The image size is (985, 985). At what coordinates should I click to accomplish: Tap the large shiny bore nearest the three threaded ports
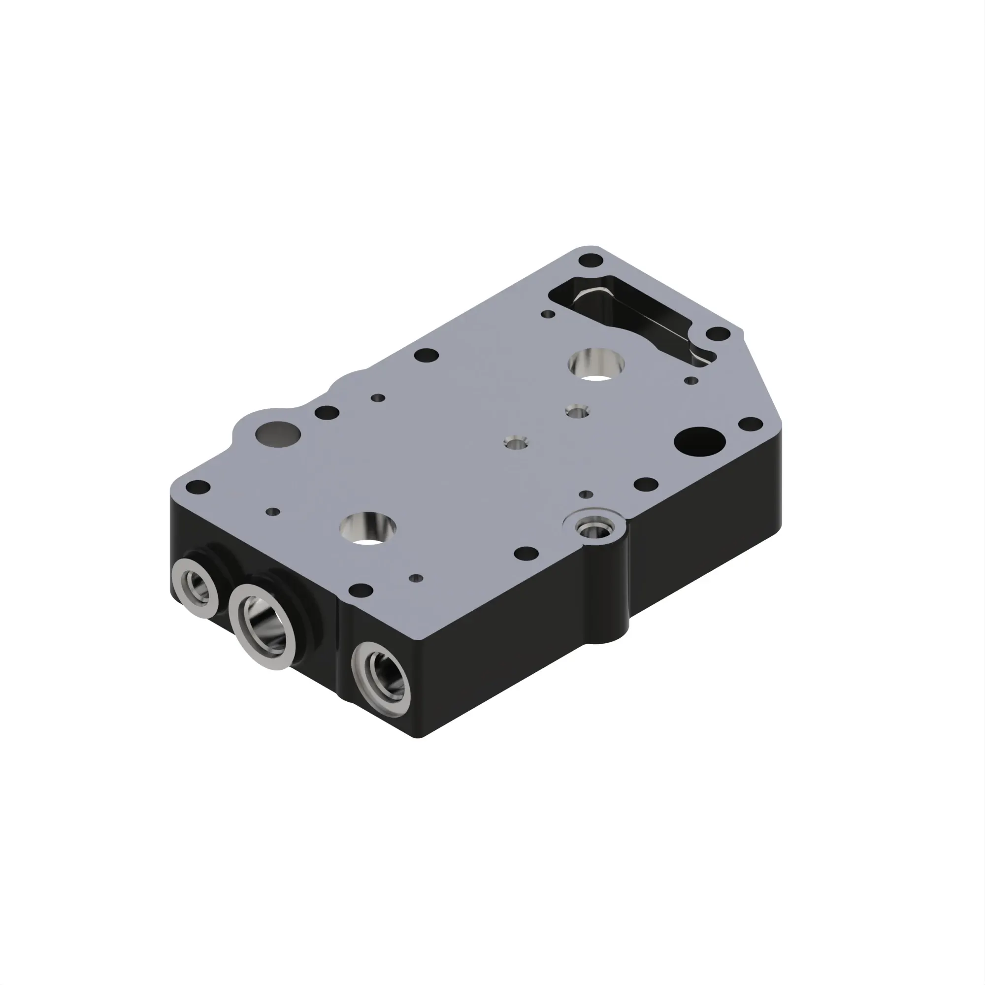pos(369,528)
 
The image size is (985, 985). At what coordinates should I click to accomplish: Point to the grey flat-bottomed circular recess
pos(278,434)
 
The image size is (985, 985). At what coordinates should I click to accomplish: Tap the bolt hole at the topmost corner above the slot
pos(591,261)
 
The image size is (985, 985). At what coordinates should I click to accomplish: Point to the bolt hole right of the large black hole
pos(751,423)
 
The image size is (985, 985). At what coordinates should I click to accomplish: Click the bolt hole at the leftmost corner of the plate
pos(197,487)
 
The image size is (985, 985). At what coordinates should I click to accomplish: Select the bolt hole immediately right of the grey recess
pos(327,412)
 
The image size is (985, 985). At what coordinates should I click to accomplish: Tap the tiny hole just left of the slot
pos(548,314)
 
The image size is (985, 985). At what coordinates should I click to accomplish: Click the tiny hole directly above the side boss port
pos(586,494)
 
